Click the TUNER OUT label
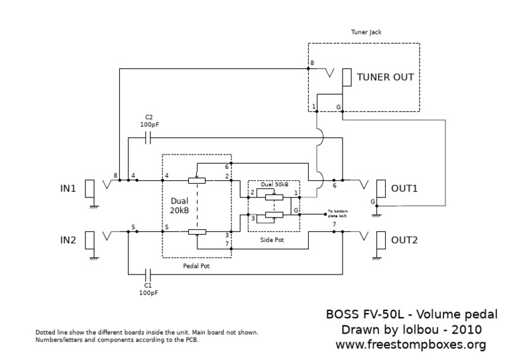point(385,77)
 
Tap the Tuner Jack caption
point(366,31)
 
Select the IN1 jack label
point(68,188)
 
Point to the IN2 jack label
point(68,239)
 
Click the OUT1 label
point(404,188)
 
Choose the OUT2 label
point(404,240)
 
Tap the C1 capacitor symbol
point(148,273)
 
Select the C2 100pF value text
point(148,125)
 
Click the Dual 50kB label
point(274,183)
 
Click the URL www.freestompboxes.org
point(411,345)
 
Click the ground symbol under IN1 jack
point(93,207)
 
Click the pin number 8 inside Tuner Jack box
point(312,63)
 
